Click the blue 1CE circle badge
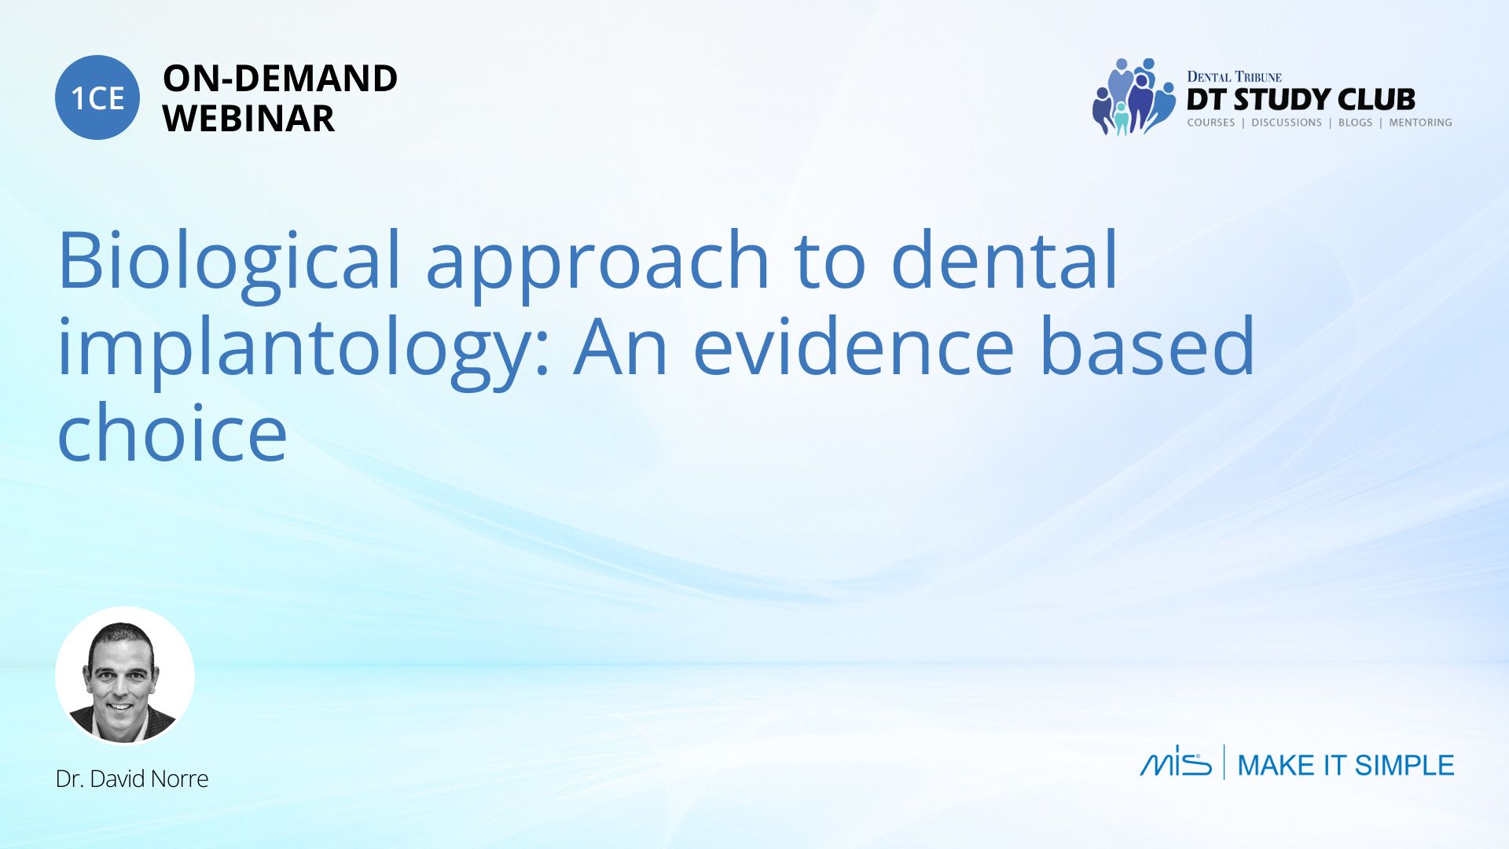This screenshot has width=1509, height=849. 97,97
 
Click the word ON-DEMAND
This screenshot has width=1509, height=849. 280,79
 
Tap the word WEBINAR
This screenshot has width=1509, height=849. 248,119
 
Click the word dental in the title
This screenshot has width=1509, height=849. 1004,259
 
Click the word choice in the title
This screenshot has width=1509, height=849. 172,432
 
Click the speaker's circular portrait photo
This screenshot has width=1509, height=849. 124,675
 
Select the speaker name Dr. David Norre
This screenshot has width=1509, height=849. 132,779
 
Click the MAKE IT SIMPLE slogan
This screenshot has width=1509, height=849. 1346,765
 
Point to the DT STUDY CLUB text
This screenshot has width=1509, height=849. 1301,100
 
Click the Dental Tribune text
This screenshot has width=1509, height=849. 1234,76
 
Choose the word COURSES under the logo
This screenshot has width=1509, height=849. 1210,123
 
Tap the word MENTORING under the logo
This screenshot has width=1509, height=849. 1420,123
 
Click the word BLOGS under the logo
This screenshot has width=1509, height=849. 1355,123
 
